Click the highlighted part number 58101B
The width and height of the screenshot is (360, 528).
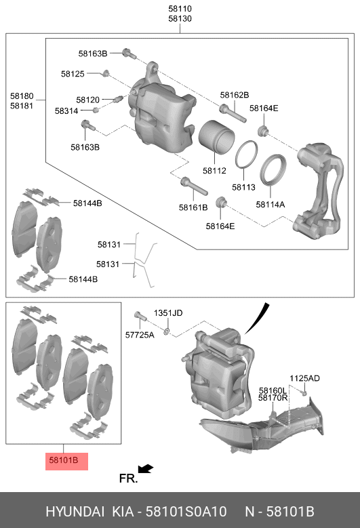tap(63, 460)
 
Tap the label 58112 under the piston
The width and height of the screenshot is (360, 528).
tap(214, 171)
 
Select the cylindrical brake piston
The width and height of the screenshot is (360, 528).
tap(216, 137)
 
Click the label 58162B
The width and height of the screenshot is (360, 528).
tap(235, 95)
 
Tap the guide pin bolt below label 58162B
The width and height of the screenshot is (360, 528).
tap(233, 113)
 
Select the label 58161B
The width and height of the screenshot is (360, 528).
tap(193, 208)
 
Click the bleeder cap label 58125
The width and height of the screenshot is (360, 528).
tap(73, 74)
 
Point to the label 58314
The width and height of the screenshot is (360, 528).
tap(66, 110)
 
